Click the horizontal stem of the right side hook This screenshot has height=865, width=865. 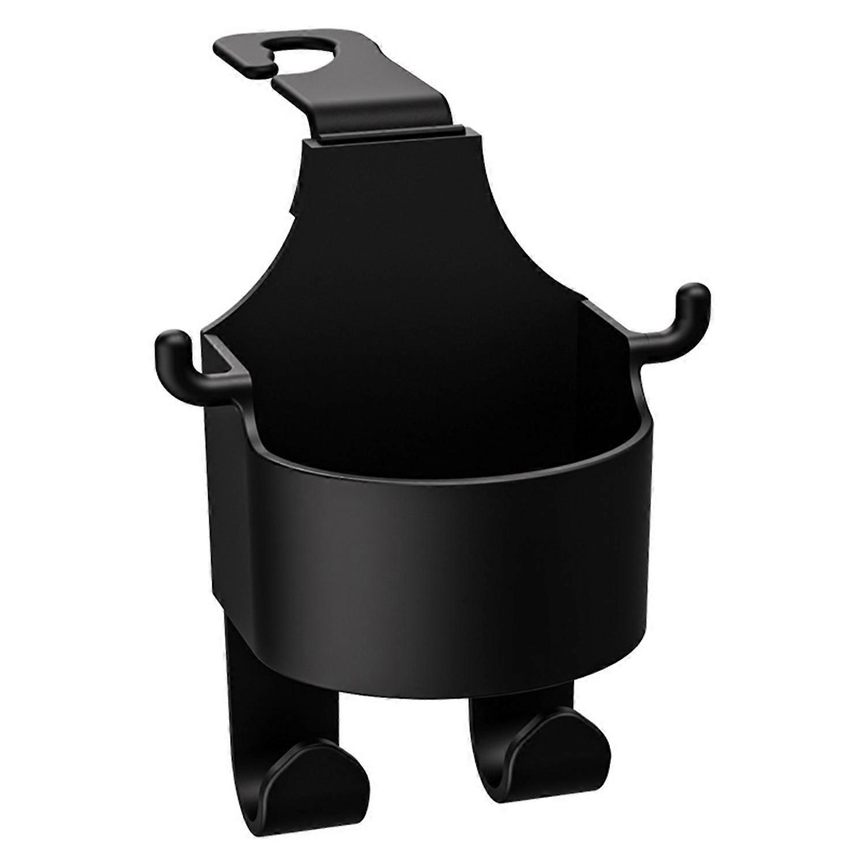click(652, 340)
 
